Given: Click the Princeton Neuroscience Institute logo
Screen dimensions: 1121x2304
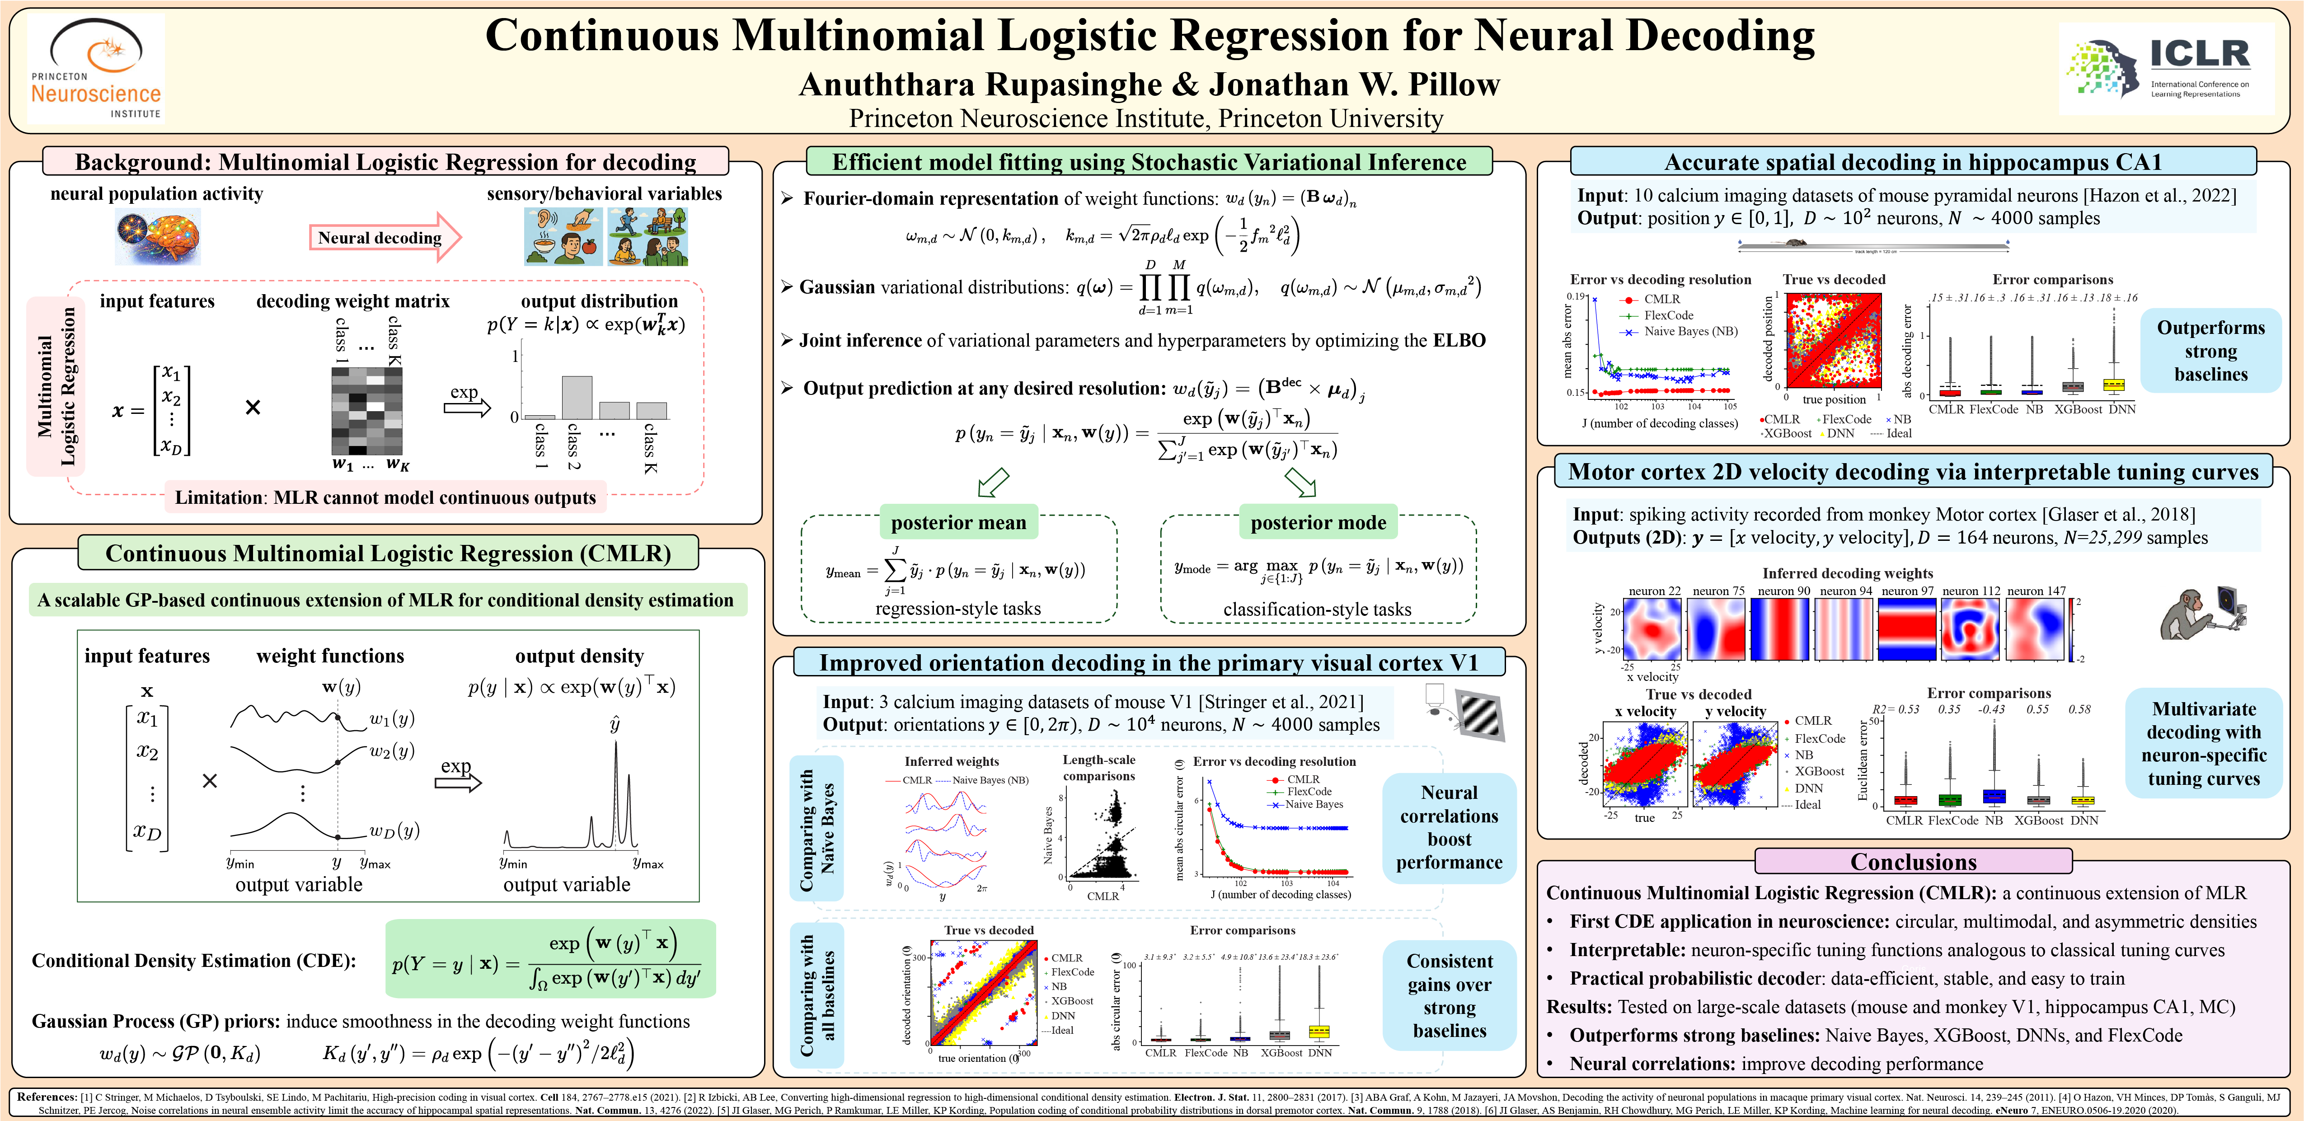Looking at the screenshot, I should (x=96, y=70).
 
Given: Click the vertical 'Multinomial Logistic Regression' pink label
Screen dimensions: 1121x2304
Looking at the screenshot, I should (x=56, y=386).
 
